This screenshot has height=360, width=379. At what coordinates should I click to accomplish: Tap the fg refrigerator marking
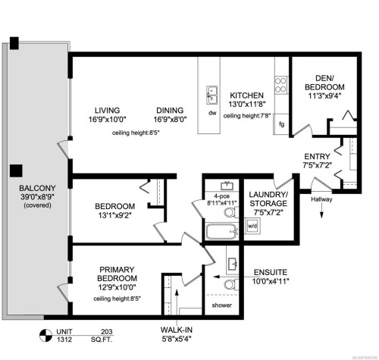point(280,124)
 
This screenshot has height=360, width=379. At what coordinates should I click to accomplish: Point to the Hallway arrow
point(324,213)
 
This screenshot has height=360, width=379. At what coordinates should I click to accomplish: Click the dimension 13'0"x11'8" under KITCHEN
point(247,105)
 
